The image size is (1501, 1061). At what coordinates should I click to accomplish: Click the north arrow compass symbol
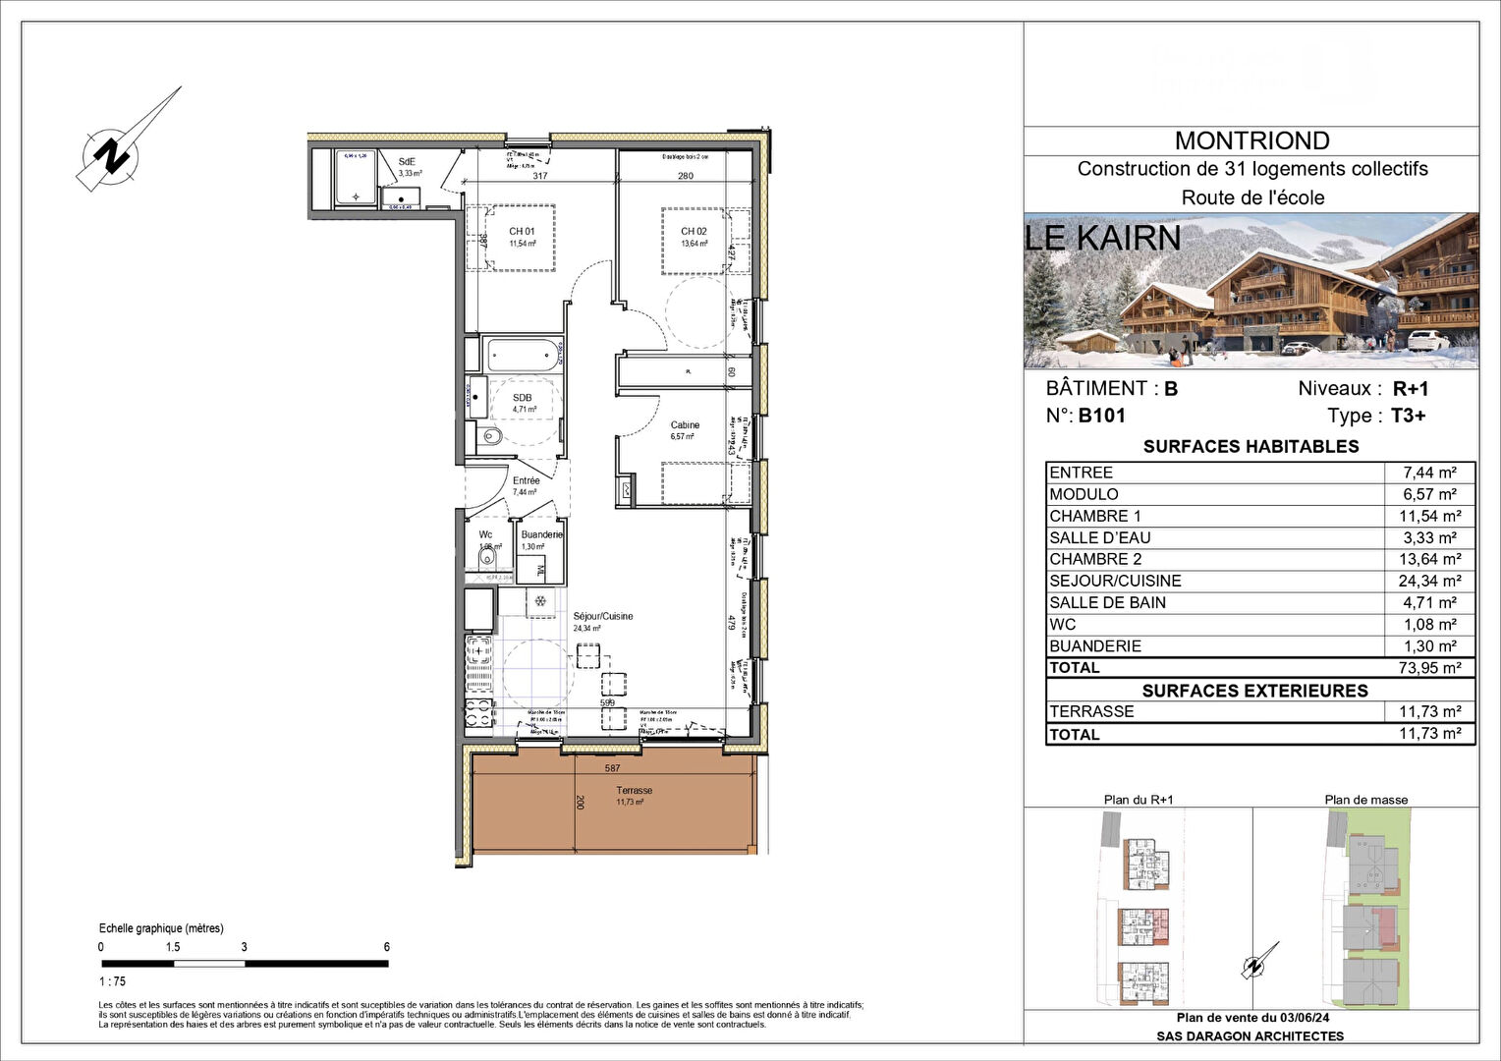click(119, 153)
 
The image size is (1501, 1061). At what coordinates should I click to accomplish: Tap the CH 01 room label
click(522, 232)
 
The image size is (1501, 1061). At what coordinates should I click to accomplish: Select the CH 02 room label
click(694, 232)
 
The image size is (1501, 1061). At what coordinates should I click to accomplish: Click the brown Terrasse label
click(634, 791)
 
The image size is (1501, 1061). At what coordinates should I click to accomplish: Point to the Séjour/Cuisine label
click(603, 617)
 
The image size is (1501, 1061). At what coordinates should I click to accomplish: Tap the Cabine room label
click(685, 425)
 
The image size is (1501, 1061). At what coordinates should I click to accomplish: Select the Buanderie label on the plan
click(541, 534)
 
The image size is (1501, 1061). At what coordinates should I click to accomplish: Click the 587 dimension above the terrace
click(612, 768)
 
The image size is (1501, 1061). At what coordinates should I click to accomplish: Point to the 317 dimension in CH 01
click(539, 177)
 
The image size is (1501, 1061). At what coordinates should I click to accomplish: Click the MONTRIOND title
click(1251, 141)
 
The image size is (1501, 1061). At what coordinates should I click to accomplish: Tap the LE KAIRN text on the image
click(1102, 238)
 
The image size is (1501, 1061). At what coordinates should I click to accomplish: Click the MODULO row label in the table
click(1084, 494)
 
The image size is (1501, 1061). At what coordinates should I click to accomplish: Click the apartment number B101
click(1101, 416)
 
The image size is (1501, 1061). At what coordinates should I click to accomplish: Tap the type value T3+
click(1408, 416)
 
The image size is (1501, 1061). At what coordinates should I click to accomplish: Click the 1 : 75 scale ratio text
click(113, 981)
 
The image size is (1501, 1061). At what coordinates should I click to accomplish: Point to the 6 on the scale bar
click(387, 947)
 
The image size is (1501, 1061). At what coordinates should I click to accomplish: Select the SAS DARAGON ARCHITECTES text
click(1250, 1036)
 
